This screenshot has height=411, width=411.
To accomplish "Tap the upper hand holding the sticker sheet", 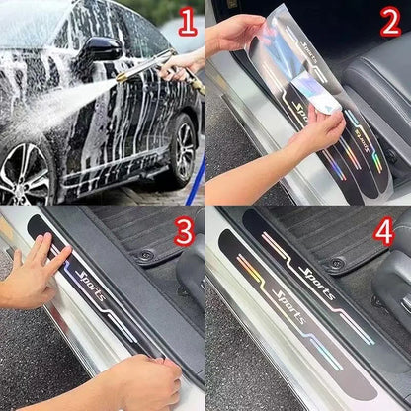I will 237,35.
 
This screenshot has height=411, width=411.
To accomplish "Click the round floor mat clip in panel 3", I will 145,255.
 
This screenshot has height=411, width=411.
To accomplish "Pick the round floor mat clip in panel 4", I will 337,264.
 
